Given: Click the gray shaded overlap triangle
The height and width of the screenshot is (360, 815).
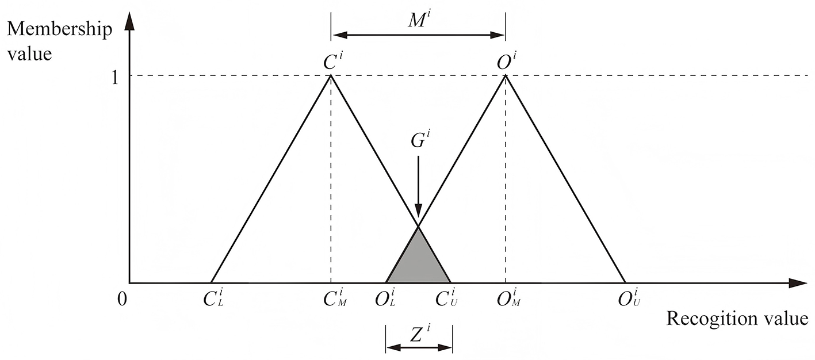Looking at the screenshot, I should point(418,262).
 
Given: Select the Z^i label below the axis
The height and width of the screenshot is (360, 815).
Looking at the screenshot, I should point(419,333).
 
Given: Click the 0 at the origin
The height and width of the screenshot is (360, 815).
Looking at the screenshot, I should point(121,299).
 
